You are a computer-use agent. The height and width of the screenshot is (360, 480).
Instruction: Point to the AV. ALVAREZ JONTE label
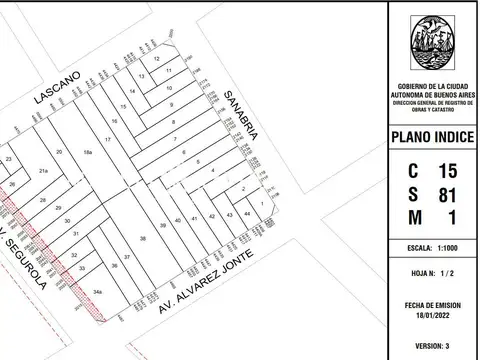coord(204,283)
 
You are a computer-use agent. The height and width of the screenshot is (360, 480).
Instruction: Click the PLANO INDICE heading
coord(434,137)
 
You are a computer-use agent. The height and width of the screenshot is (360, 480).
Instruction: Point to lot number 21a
coord(43,172)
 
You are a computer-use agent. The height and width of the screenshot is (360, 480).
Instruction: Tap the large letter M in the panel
coord(413,217)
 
